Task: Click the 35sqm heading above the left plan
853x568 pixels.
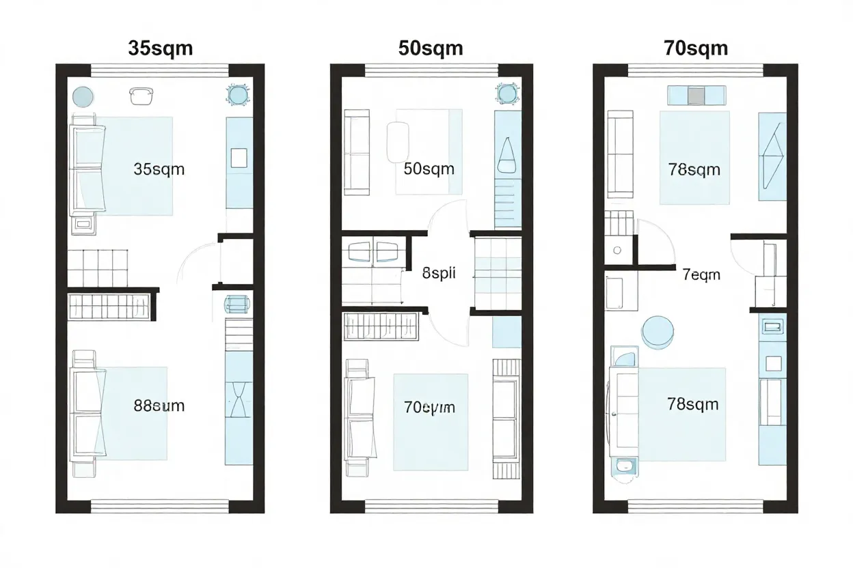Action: point(160,48)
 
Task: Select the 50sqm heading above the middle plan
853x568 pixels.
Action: point(430,48)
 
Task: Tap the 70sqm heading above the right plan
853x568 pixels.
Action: point(695,48)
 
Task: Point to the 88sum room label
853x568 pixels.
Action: point(159,406)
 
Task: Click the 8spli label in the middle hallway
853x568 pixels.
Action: point(439,274)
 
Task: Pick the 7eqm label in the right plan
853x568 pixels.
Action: point(701,274)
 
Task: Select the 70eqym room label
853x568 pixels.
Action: point(429,408)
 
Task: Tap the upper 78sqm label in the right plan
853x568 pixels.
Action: point(694,169)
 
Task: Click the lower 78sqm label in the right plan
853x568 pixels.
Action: point(692,404)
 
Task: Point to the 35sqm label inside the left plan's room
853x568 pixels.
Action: point(159,169)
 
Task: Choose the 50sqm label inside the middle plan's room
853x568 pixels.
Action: point(429,169)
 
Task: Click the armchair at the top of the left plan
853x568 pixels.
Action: point(139,96)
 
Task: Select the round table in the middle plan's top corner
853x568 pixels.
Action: point(506,93)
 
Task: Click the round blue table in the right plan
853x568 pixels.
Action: point(658,331)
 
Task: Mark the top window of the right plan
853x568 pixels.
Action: point(695,70)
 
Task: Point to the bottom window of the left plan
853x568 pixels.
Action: point(159,506)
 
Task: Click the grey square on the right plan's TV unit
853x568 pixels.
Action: point(695,96)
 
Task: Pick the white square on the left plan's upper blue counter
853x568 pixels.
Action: point(239,158)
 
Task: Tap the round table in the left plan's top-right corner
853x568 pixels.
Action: point(238,95)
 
